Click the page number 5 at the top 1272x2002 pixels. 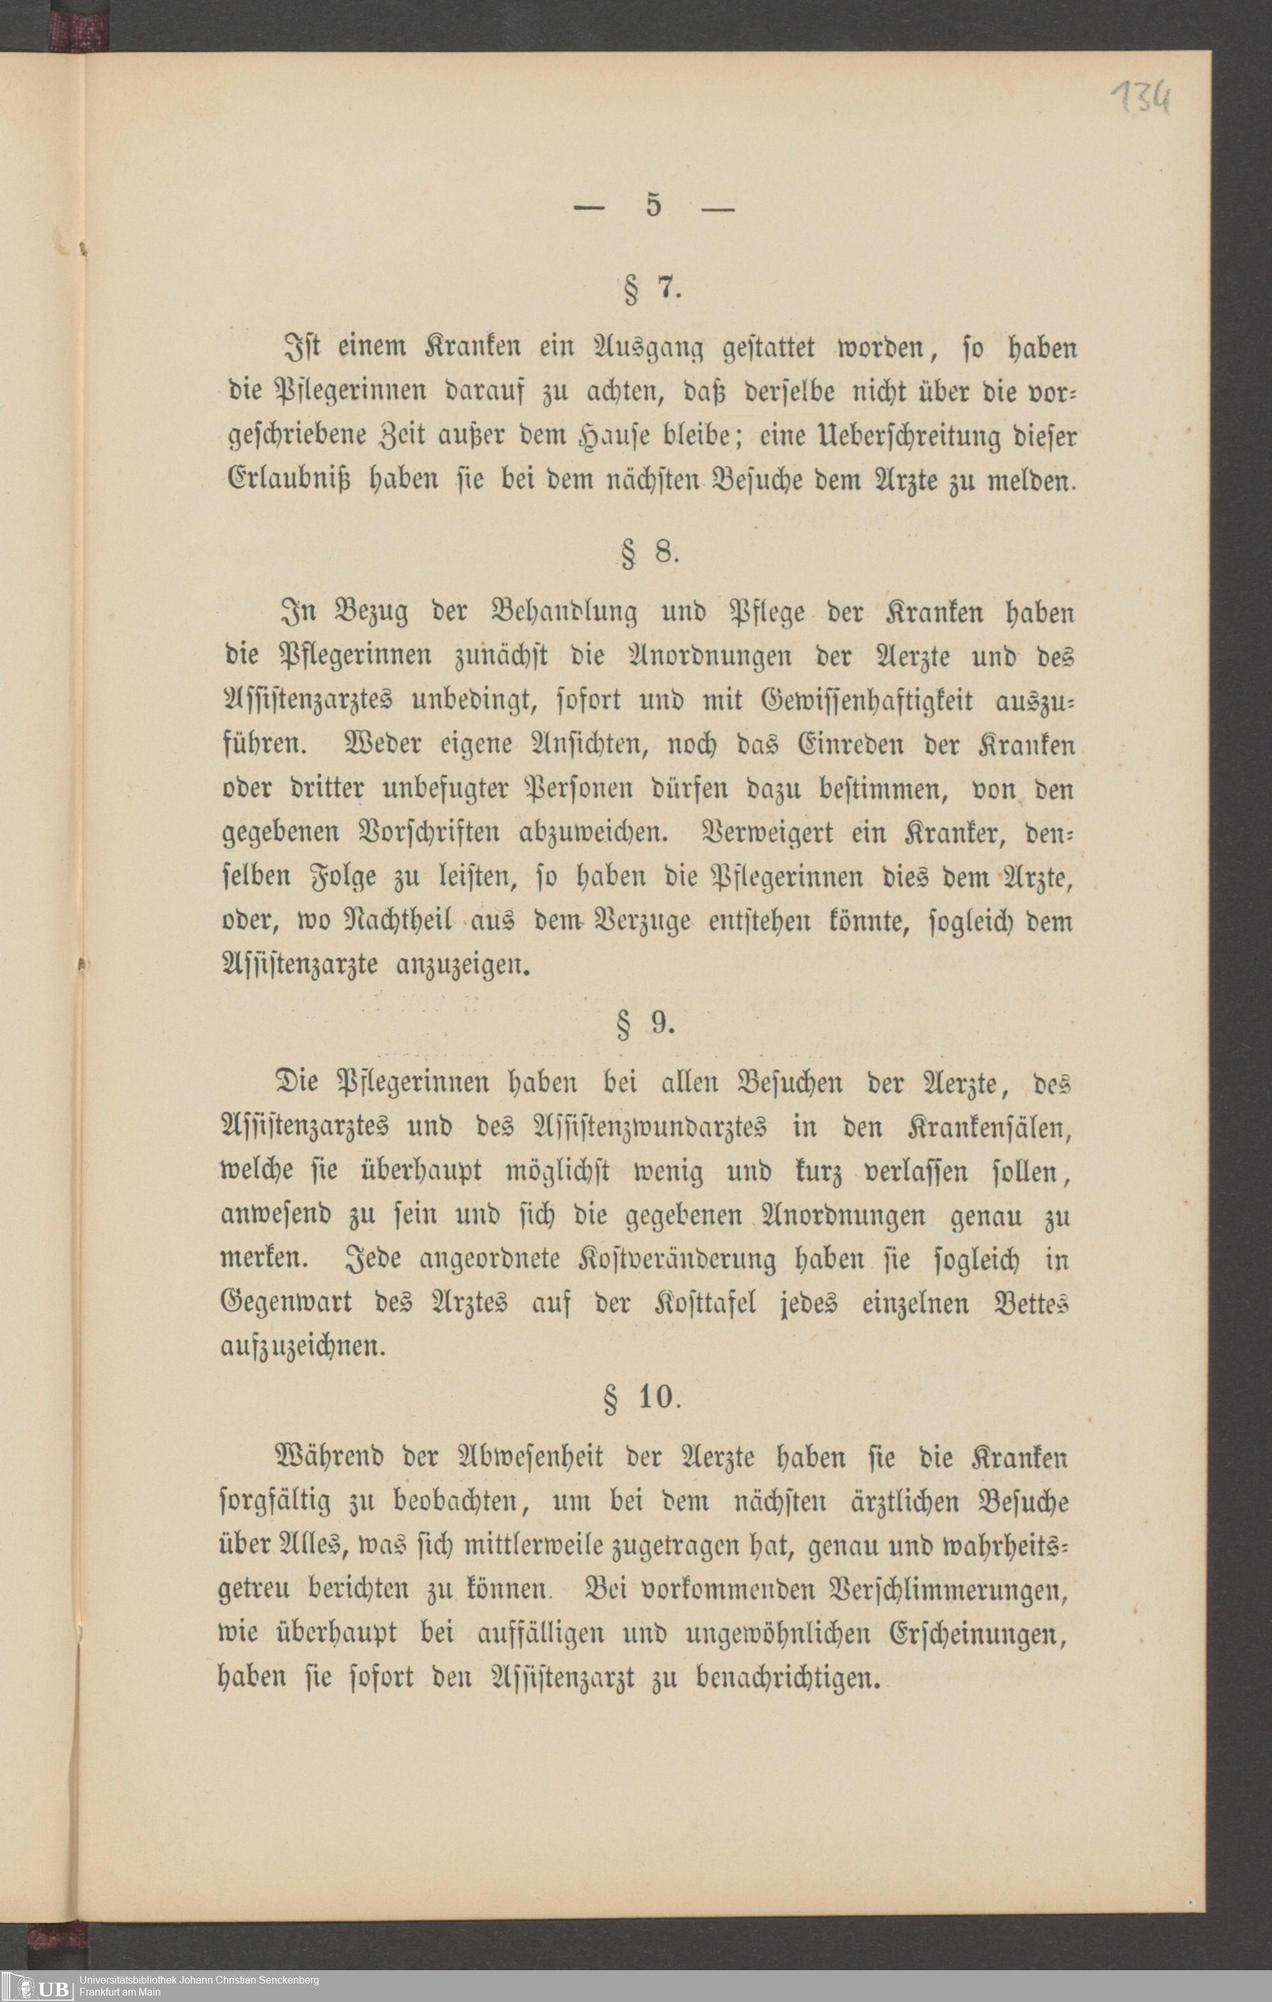[653, 205]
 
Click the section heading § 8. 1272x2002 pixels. [651, 553]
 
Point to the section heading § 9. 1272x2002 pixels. [646, 1023]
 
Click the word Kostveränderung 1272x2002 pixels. [677, 1260]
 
